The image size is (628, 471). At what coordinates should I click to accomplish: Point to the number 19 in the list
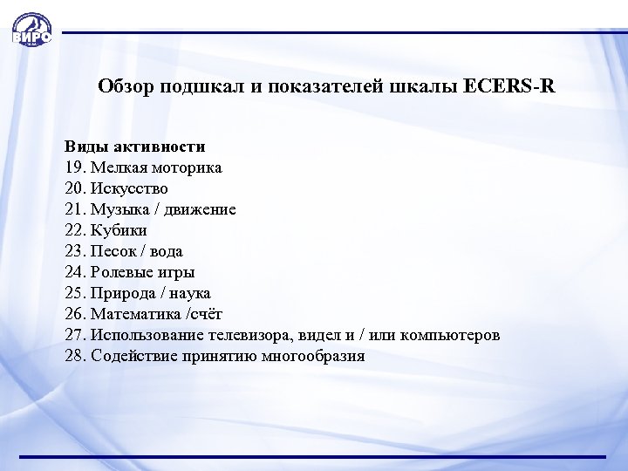tap(74, 167)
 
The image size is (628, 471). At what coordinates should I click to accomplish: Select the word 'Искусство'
tap(131, 188)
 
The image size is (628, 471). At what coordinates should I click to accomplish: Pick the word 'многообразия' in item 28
tap(317, 356)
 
